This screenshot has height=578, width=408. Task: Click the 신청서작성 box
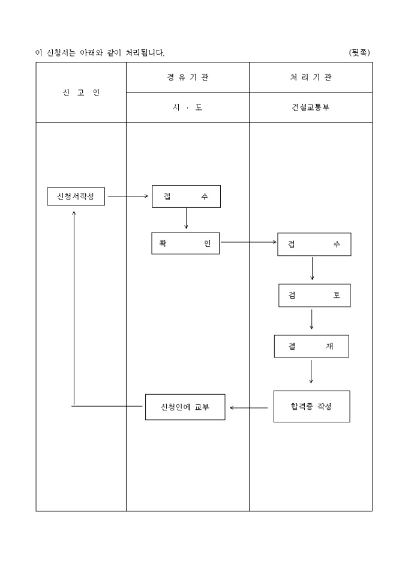point(76,196)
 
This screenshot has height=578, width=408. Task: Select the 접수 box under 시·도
point(186,196)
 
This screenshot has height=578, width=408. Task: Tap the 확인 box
point(185,243)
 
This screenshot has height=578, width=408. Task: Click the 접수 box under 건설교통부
point(314,245)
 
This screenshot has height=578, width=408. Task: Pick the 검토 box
point(314,296)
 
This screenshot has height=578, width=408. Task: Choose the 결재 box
point(311,347)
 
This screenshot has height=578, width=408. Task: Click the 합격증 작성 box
point(311,407)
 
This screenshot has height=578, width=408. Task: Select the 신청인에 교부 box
point(185,407)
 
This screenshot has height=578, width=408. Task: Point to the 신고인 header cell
point(81,93)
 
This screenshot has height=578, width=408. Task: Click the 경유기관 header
point(188,78)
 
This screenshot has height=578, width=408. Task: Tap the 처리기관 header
point(311,78)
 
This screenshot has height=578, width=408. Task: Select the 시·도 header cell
point(188,108)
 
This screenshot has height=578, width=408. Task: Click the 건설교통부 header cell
point(311,108)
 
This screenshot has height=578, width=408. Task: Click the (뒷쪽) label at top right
point(359,53)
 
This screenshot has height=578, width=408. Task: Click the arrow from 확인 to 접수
point(248,243)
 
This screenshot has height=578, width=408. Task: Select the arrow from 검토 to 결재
point(311,320)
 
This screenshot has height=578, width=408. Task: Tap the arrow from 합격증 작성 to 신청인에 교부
point(249,408)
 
